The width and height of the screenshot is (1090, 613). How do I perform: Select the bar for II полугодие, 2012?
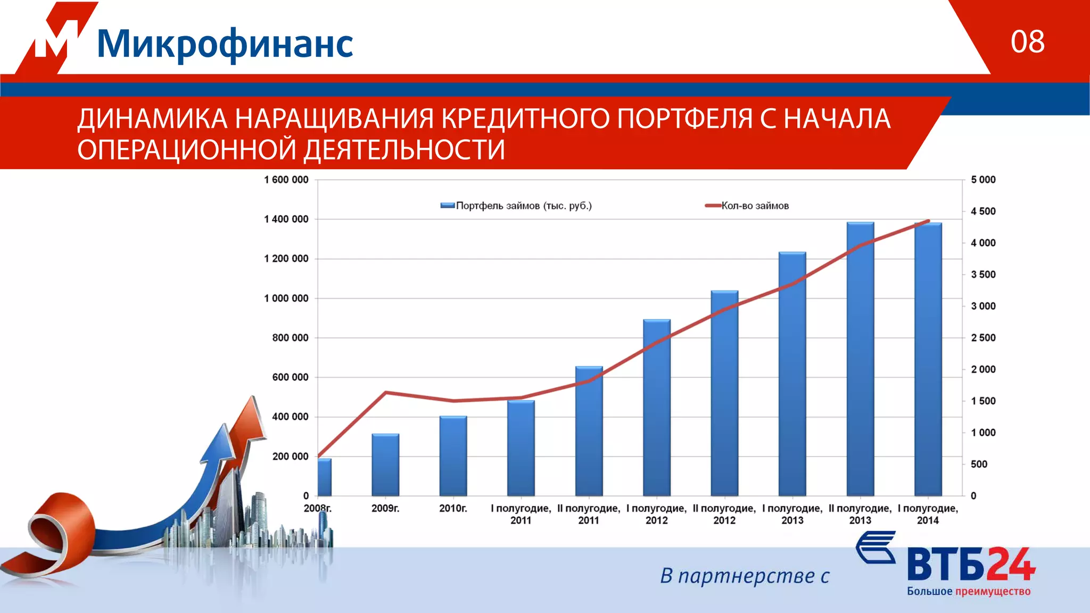pyautogui.click(x=724, y=394)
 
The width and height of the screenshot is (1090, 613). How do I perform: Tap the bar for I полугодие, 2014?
pyautogui.click(x=928, y=359)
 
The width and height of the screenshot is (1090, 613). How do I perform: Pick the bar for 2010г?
pyautogui.click(x=453, y=456)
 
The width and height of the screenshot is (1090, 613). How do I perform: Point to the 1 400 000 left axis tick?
pyautogui.click(x=286, y=219)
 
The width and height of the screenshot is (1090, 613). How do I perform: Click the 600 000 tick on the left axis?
pyautogui.click(x=290, y=377)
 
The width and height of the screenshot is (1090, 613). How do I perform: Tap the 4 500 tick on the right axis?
pyautogui.click(x=982, y=211)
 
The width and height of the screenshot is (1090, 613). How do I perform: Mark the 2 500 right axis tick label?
pyautogui.click(x=982, y=338)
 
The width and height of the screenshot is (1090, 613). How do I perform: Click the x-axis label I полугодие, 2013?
pyautogui.click(x=792, y=514)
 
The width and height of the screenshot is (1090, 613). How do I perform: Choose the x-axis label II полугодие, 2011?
pyautogui.click(x=589, y=514)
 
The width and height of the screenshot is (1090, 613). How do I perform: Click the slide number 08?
pyautogui.click(x=1027, y=42)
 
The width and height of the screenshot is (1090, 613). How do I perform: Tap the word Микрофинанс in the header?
pyautogui.click(x=225, y=44)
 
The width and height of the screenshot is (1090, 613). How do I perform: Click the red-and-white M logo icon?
pyautogui.click(x=56, y=38)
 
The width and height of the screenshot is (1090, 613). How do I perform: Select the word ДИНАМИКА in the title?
pyautogui.click(x=152, y=119)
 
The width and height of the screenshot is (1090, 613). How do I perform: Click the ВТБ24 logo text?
pyautogui.click(x=971, y=564)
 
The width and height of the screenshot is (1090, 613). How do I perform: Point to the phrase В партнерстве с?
pyautogui.click(x=745, y=576)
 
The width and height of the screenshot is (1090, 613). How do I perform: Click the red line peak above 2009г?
pyautogui.click(x=385, y=393)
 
